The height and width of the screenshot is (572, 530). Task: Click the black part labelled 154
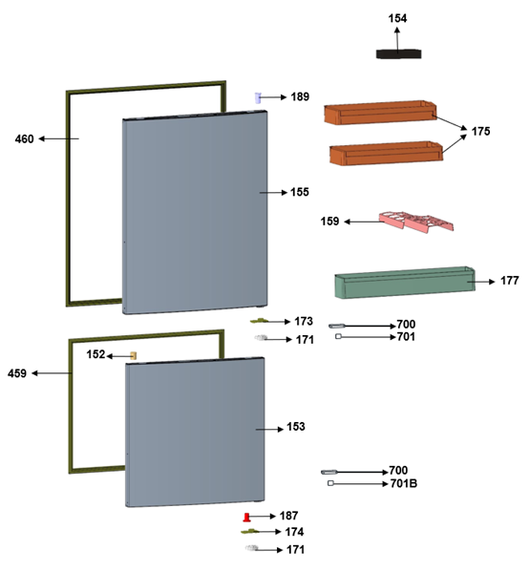(x=398, y=54)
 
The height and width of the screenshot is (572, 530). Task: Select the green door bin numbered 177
(x=405, y=283)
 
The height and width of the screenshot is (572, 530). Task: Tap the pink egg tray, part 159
(x=415, y=222)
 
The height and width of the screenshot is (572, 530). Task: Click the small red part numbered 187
(x=247, y=518)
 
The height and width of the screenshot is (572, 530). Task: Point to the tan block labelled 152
(x=134, y=355)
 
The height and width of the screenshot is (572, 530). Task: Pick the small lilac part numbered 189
(x=258, y=97)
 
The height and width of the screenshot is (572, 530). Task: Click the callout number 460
(x=25, y=139)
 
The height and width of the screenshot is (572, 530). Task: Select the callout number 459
(x=17, y=373)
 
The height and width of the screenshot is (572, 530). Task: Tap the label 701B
(x=403, y=484)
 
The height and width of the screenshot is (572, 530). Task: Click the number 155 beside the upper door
(x=300, y=192)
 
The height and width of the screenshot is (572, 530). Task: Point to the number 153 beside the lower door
(x=296, y=427)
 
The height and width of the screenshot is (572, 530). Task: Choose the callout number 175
(x=480, y=132)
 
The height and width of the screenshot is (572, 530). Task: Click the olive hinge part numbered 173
(x=260, y=321)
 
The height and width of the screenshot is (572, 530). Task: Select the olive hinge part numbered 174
(x=250, y=532)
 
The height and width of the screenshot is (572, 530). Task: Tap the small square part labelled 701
(x=338, y=337)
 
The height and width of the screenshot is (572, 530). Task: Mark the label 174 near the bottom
(x=294, y=532)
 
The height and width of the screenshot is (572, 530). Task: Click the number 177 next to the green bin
(x=510, y=281)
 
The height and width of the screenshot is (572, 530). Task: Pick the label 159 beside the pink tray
(x=329, y=222)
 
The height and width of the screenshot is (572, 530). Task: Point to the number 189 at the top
(x=300, y=96)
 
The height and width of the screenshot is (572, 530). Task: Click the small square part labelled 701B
(x=330, y=483)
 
